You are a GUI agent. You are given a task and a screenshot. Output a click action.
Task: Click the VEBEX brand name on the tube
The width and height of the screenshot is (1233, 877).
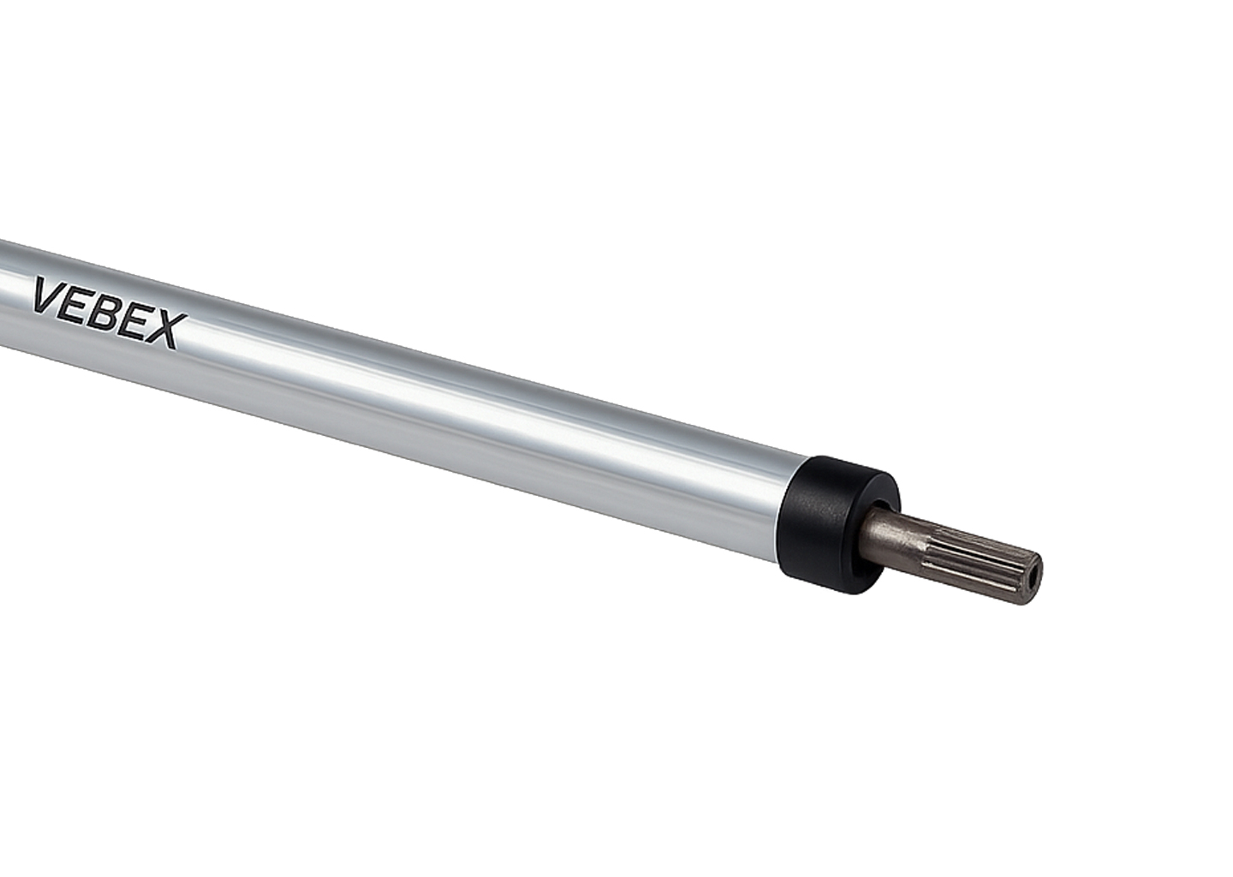point(110,313)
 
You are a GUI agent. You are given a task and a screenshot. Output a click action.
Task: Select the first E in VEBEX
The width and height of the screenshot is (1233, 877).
point(82,304)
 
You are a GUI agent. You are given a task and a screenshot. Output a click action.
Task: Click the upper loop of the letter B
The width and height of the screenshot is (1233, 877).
point(116,305)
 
